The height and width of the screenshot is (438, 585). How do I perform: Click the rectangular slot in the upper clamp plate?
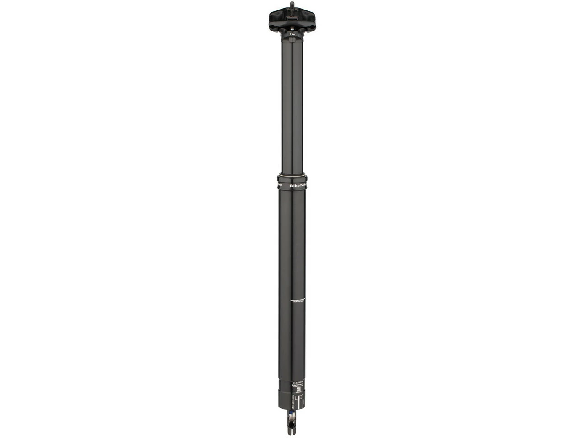pyautogui.click(x=292, y=15)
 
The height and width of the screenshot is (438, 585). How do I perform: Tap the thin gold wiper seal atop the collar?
pyautogui.click(x=292, y=174)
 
